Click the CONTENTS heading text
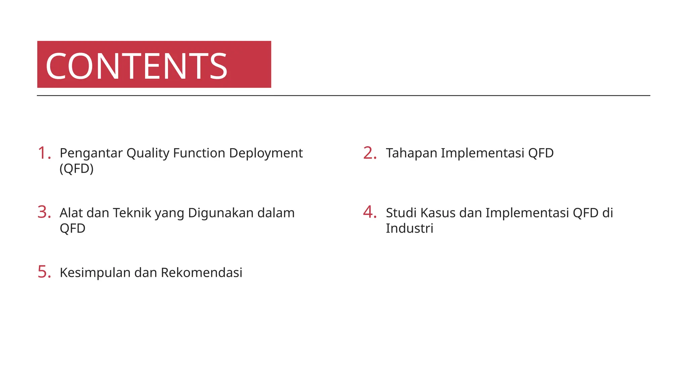click(136, 66)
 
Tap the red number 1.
click(44, 153)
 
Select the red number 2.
click(370, 153)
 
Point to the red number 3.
click(44, 212)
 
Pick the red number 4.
click(370, 212)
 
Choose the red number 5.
click(44, 272)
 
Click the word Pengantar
click(91, 154)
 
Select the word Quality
click(148, 154)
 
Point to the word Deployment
click(266, 154)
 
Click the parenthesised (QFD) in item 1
click(77, 168)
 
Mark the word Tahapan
click(411, 153)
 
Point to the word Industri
click(409, 228)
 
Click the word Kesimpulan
click(95, 273)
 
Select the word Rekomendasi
click(202, 272)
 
